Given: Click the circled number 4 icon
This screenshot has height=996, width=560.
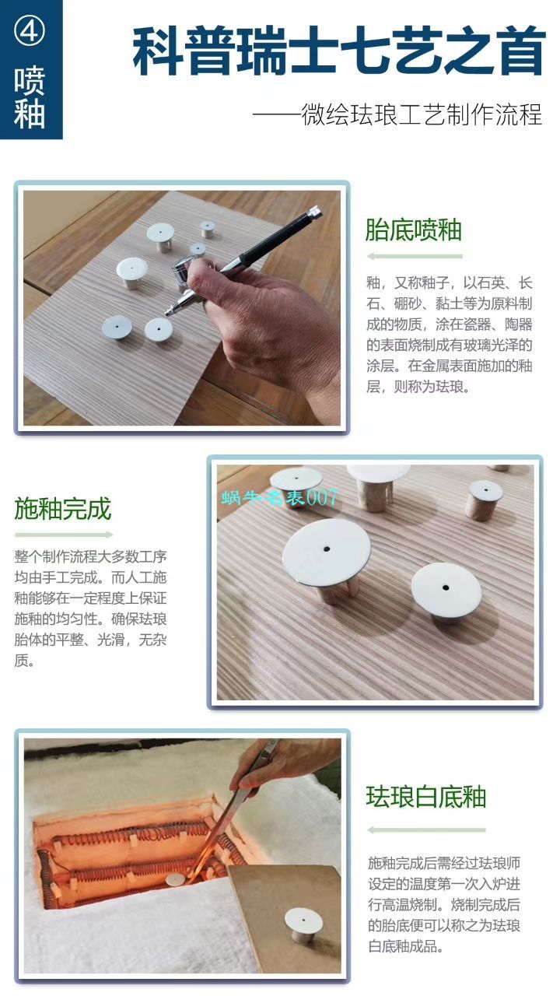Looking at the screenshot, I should [x=30, y=33].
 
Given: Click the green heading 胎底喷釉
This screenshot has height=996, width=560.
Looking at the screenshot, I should [x=414, y=230].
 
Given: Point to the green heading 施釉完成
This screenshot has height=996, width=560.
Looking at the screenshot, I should [x=63, y=509].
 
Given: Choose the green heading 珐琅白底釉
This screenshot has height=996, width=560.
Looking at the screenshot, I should [x=426, y=797].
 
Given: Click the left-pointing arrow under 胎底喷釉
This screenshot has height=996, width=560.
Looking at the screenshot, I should [x=414, y=256].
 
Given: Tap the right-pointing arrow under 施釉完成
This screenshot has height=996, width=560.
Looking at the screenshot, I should [x=64, y=535].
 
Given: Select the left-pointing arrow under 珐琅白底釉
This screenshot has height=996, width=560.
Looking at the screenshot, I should [x=426, y=829].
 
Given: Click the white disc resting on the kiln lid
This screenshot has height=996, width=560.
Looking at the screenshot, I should [x=303, y=921].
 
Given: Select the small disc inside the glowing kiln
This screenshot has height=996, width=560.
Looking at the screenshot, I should [x=176, y=879].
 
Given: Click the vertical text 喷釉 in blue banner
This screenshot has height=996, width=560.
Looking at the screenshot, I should [x=30, y=97].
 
